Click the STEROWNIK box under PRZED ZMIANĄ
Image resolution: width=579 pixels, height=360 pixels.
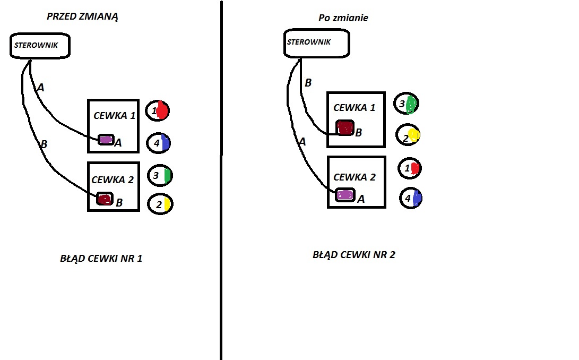[40, 45]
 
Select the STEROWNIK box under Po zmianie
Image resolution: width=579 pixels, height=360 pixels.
[317, 42]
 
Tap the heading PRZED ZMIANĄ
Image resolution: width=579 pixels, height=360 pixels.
[82, 16]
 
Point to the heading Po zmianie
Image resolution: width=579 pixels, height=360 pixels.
[343, 18]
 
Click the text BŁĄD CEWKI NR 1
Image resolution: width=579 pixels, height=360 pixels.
[101, 259]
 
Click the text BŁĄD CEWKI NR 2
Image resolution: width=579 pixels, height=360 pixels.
[354, 254]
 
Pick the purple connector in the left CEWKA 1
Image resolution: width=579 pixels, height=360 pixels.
[106, 140]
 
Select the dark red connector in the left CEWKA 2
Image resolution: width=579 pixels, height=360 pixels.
[105, 200]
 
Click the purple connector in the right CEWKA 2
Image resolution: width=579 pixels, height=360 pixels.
[345, 194]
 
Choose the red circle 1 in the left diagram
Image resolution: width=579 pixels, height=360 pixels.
[158, 111]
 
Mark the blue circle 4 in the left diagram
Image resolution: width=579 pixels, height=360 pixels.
[159, 143]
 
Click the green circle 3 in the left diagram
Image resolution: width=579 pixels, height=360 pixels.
[160, 175]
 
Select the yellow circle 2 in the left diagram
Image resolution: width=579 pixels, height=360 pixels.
[160, 204]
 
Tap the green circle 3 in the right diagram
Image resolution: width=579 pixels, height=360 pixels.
[407, 104]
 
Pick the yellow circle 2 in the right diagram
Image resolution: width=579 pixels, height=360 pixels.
[408, 136]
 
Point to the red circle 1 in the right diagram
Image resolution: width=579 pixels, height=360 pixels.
[410, 168]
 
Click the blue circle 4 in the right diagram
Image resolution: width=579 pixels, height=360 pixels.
[410, 198]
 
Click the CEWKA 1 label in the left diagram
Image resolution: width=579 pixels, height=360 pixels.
[115, 115]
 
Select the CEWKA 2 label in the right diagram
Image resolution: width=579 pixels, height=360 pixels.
[354, 177]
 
